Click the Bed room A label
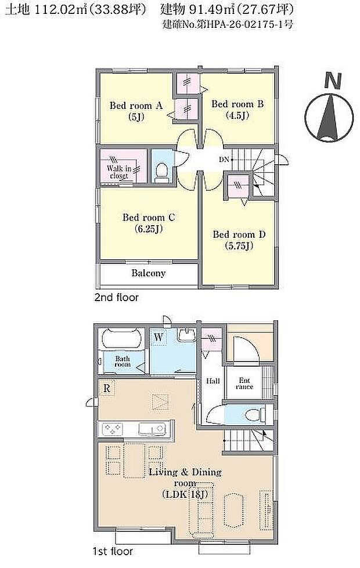tap(136, 106)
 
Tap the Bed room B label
tap(237, 104)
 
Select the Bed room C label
tap(149, 218)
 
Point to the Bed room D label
tap(239, 234)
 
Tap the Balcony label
tap(148, 273)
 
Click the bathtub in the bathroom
tap(122, 339)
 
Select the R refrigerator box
tap(107, 387)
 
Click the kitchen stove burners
tap(113, 429)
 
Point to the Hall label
tap(213, 381)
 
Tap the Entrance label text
tap(244, 383)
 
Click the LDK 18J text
tap(185, 494)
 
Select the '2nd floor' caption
tap(116, 298)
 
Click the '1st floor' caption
tap(113, 551)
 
